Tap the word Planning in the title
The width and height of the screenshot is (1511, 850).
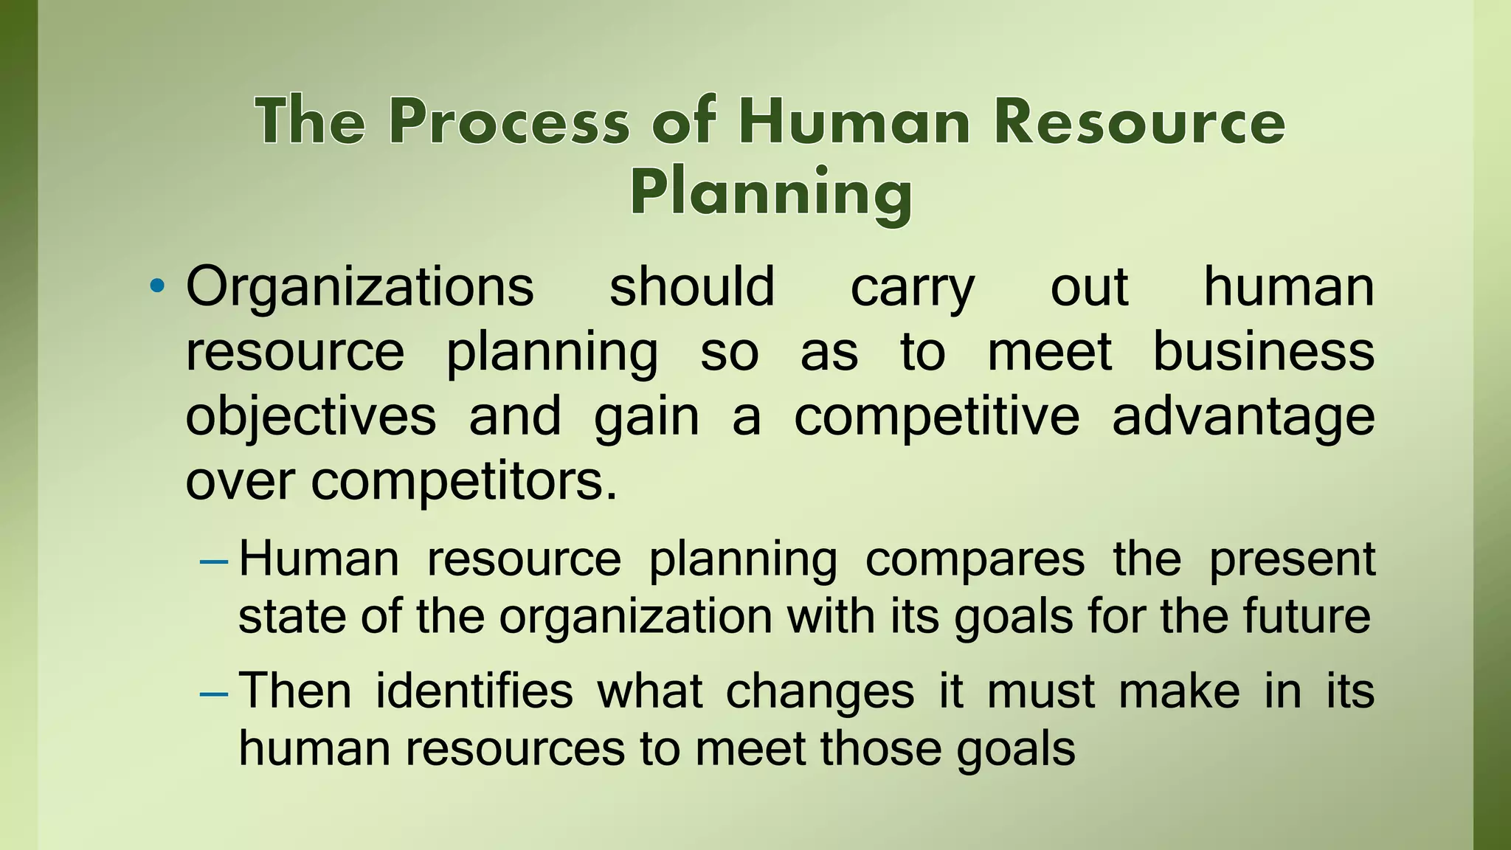coord(771,192)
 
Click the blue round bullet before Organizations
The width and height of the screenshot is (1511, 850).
coord(156,286)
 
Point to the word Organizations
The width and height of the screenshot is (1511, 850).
coord(359,286)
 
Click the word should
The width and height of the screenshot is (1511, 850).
coord(691,286)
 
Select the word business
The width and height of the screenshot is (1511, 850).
coord(1263,351)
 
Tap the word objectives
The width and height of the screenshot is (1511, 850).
coord(311,417)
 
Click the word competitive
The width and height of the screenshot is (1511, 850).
coord(936,417)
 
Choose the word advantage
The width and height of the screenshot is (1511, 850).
coord(1243,417)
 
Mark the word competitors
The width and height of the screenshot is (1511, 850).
coord(463,482)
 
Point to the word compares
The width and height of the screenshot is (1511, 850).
coord(975,559)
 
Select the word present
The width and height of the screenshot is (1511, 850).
coord(1292,559)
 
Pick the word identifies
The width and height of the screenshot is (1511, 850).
coord(474,691)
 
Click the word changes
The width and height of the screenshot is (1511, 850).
coord(820,693)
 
